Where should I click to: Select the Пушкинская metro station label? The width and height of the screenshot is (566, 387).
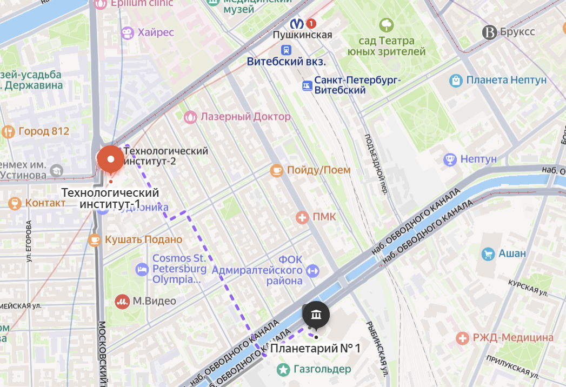point(302,35)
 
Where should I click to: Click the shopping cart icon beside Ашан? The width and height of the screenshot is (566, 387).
point(488,253)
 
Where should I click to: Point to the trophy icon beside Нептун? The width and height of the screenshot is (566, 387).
point(449,159)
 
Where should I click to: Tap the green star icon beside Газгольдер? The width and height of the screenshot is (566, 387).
point(282,370)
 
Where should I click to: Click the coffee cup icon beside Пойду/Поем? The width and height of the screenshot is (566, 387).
point(277,170)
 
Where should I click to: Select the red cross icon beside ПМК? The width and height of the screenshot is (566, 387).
point(302,217)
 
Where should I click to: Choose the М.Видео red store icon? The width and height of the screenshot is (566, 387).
point(122,301)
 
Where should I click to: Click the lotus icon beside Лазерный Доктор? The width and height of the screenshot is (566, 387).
point(190,117)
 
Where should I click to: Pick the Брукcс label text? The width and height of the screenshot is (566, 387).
point(517,32)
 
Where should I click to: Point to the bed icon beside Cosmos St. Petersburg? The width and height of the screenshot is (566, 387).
point(142,269)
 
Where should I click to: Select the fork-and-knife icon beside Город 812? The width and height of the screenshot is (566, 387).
point(8,131)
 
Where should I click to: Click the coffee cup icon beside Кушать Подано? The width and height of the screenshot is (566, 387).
point(95,239)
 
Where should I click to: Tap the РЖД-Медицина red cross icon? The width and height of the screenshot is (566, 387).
point(462,338)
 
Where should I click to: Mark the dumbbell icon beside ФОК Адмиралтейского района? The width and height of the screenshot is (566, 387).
point(313,270)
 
